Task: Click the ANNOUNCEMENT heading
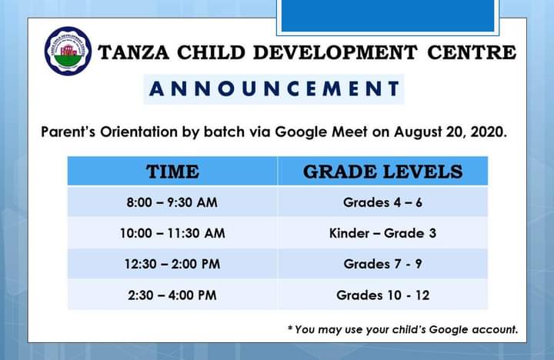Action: coord(274,88)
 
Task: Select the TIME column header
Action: coord(172,171)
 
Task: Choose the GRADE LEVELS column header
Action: coord(382,171)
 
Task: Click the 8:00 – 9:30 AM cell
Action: coord(172,202)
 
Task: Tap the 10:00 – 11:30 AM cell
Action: coord(172,233)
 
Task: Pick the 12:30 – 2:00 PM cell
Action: coord(172,264)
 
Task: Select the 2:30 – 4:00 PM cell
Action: coord(172,295)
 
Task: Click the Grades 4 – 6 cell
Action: coord(382,202)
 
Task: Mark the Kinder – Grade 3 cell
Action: coord(382,233)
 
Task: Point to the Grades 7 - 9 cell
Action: coord(382,264)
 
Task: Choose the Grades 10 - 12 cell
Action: coord(382,295)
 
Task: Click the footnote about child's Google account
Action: coord(402,329)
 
